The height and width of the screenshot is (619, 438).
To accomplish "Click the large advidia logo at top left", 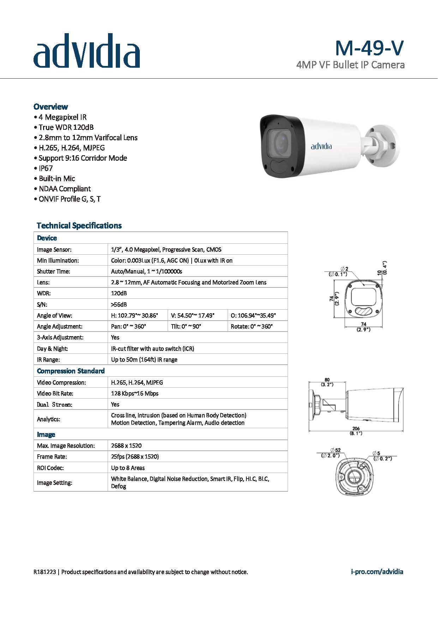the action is tap(86, 51).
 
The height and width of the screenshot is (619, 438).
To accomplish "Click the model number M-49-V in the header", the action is tap(369, 48).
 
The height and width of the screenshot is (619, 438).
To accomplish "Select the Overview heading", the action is tap(50, 107).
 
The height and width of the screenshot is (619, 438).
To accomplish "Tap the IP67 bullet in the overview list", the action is tap(46, 168).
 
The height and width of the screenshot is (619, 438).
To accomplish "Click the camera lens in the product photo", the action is tap(280, 142).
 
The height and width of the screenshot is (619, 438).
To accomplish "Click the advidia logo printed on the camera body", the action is tap(321, 146).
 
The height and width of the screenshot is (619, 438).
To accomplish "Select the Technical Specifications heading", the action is tap(79, 225).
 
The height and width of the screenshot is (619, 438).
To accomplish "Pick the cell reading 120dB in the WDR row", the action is tap(119, 293).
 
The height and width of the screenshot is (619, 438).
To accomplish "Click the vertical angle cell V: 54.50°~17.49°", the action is tap(193, 315).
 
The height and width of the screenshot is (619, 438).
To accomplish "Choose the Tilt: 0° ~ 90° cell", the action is tap(186, 326).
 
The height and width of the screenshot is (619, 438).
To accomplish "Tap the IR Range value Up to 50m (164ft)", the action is tap(144, 359).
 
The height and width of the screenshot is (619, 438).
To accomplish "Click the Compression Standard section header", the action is tap(71, 371).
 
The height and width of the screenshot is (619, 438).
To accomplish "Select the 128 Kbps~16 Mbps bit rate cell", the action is tap(134, 393).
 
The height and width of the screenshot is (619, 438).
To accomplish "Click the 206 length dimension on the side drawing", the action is tap(356, 429).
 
